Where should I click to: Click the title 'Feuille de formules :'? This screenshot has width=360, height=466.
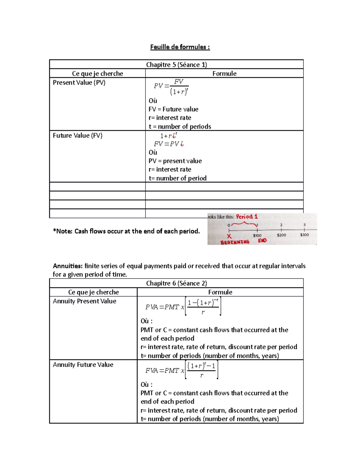(x=180, y=47)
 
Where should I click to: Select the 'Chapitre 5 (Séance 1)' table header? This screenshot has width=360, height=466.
(x=176, y=65)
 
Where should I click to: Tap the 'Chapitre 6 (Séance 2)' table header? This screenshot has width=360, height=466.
(x=176, y=283)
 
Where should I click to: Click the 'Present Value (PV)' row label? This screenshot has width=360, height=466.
(x=79, y=83)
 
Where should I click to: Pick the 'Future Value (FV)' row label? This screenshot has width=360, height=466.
(x=78, y=136)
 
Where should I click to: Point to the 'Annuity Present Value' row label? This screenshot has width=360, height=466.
(x=85, y=301)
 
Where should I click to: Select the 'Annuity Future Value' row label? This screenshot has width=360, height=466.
(x=83, y=365)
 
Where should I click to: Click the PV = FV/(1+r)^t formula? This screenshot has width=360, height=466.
(x=171, y=87)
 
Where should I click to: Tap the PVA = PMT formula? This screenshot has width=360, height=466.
(x=183, y=307)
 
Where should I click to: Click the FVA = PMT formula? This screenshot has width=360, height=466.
(x=181, y=370)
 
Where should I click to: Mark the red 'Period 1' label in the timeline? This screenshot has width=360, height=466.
(x=247, y=217)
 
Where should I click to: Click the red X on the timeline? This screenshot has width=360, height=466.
(x=229, y=236)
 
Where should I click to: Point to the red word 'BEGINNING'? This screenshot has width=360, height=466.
(x=235, y=242)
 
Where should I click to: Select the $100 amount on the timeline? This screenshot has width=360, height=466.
(x=257, y=236)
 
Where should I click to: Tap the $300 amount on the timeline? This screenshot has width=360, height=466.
(x=304, y=235)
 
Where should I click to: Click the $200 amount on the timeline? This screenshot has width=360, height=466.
(x=281, y=235)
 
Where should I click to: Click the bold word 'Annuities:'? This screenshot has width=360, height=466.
(x=67, y=266)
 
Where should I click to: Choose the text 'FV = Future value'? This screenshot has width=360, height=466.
(x=173, y=110)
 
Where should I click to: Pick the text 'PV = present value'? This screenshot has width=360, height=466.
(x=175, y=161)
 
